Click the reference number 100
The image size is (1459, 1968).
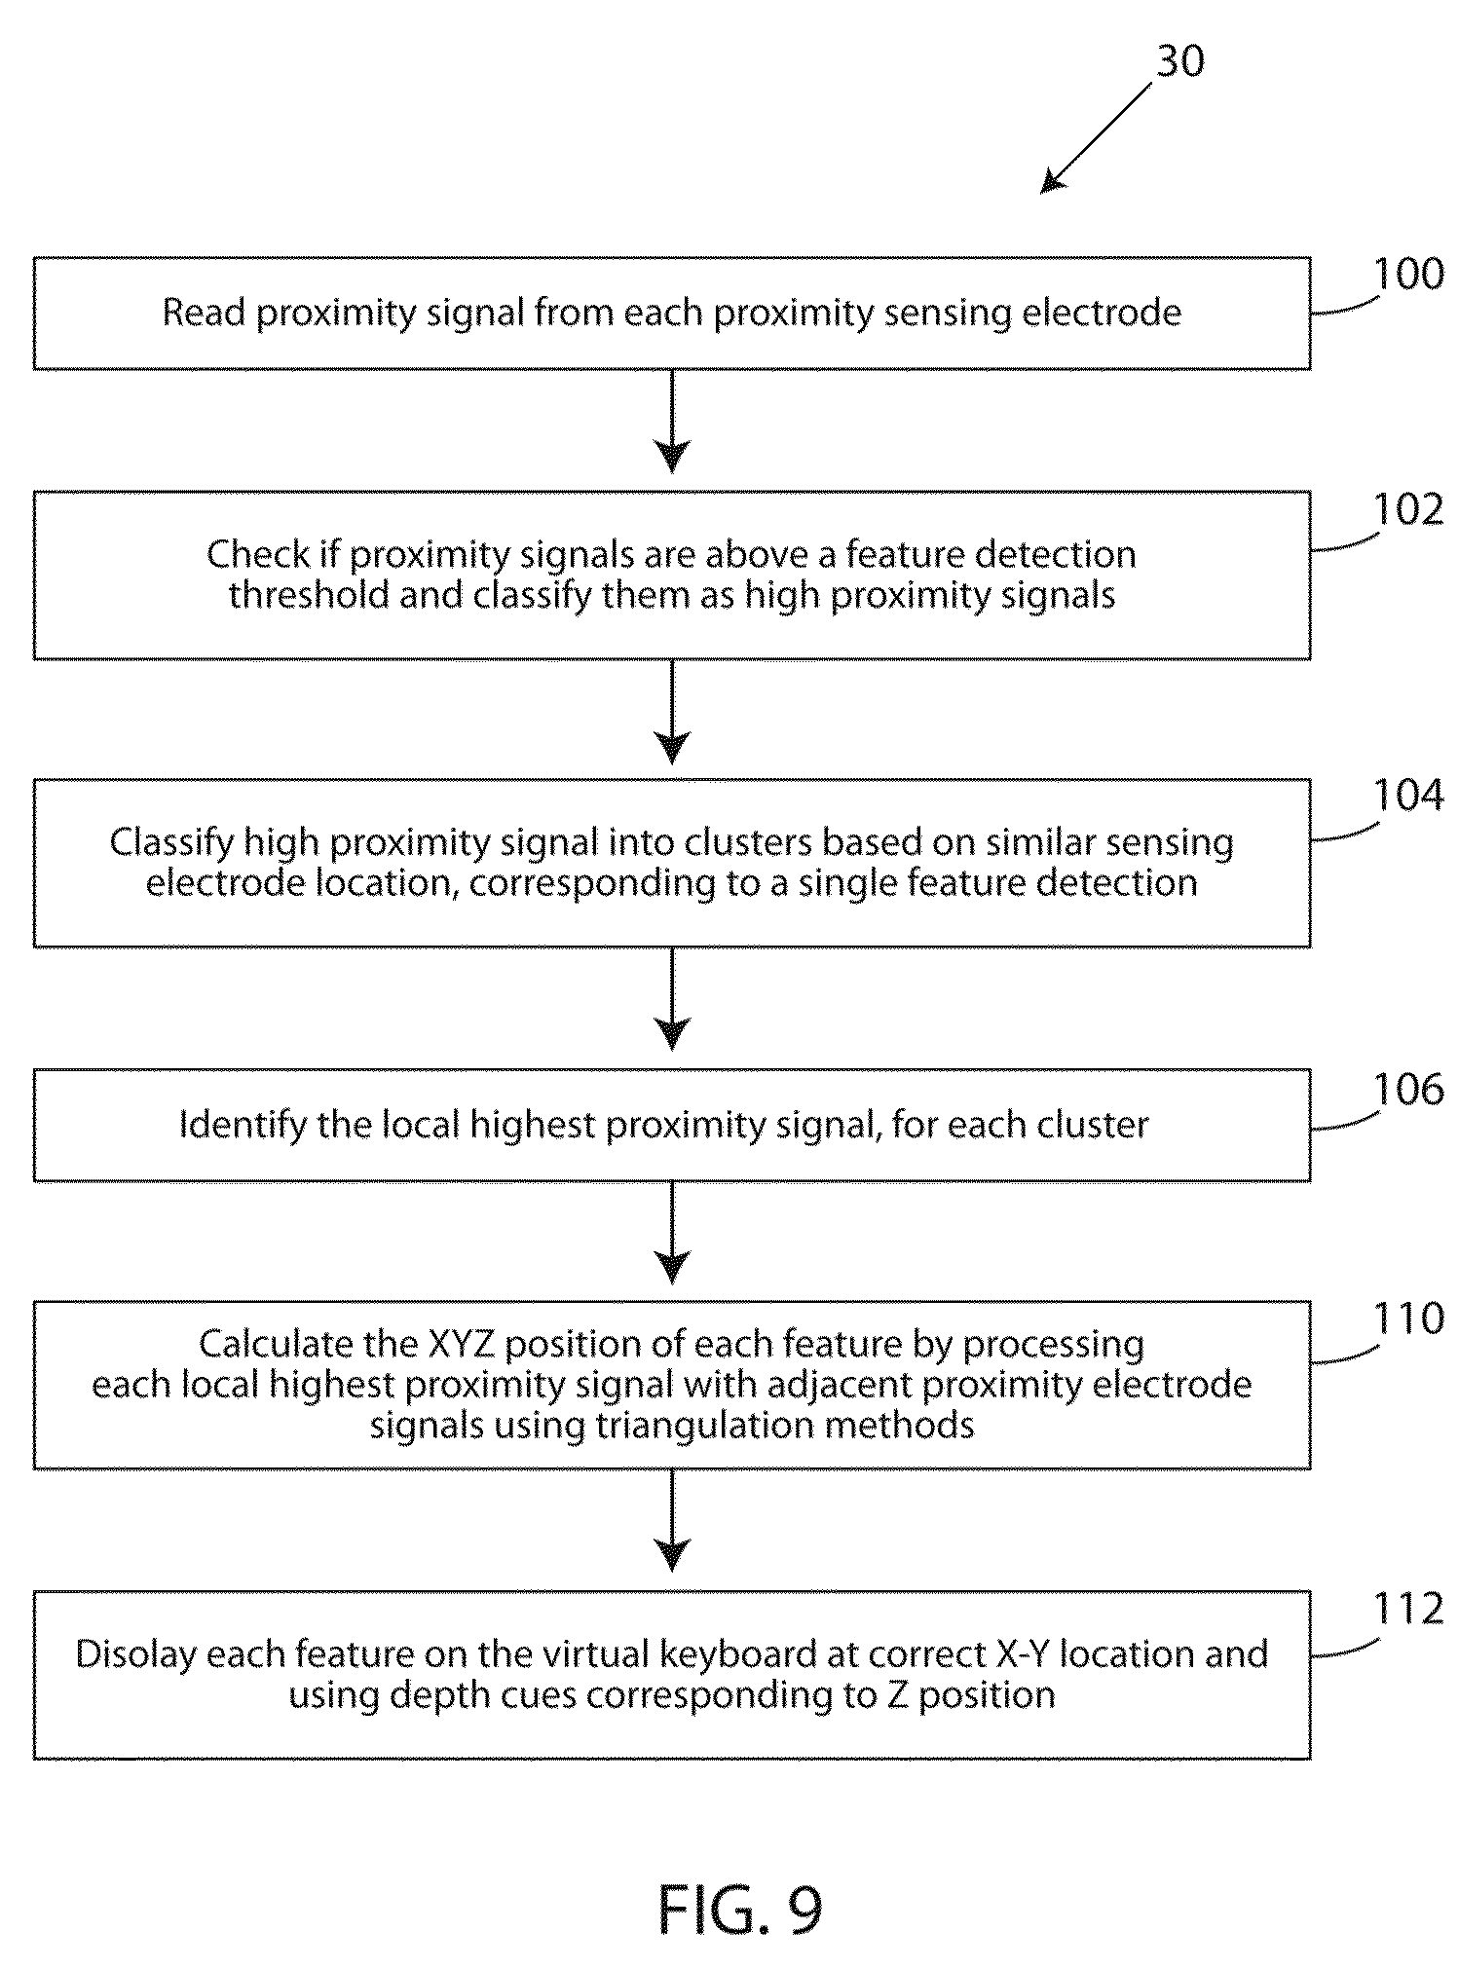pyautogui.click(x=1407, y=274)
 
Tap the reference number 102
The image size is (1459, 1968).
pyautogui.click(x=1407, y=509)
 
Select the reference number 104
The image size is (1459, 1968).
pyautogui.click(x=1407, y=797)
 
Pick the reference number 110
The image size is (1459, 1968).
pyautogui.click(x=1407, y=1318)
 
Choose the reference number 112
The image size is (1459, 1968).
pyautogui.click(x=1407, y=1610)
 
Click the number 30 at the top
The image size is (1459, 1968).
pyautogui.click(x=1179, y=61)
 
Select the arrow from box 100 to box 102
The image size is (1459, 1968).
pyautogui.click(x=672, y=422)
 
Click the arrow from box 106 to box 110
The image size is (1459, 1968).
pyautogui.click(x=672, y=1233)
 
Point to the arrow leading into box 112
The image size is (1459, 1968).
pyautogui.click(x=672, y=1521)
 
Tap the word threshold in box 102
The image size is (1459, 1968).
pyautogui.click(x=310, y=594)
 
